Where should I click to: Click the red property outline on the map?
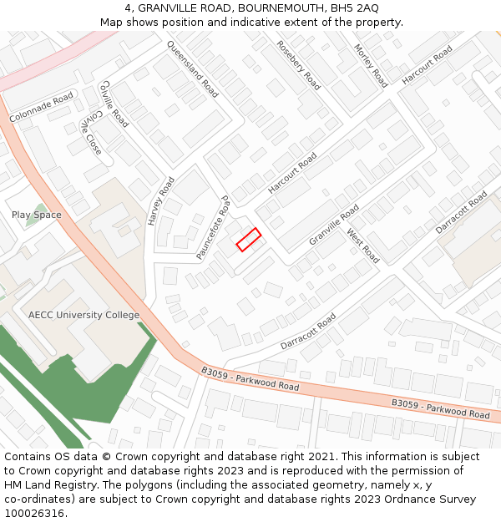(x=249, y=239)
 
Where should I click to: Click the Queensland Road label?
(x=192, y=69)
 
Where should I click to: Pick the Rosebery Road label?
(x=298, y=65)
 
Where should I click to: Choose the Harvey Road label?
(x=161, y=201)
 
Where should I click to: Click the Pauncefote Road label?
(x=213, y=228)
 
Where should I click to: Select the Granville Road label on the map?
(x=334, y=224)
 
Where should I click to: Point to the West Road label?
(x=363, y=246)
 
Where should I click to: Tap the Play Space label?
(x=37, y=215)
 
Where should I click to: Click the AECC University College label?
(x=84, y=315)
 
